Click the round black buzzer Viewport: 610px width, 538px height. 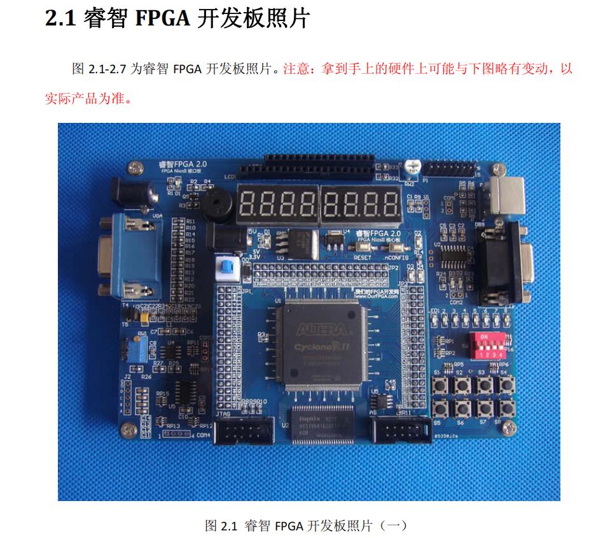pos(215,204)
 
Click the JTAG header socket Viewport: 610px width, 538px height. pos(244,433)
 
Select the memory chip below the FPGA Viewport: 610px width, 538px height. pos(322,421)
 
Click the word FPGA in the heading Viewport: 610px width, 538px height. pos(162,18)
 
